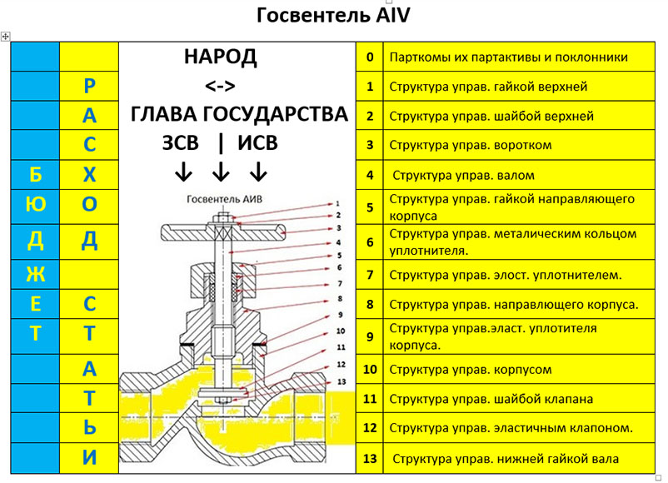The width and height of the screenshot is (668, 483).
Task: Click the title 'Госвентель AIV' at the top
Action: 333,16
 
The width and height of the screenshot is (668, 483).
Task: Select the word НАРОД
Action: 220,57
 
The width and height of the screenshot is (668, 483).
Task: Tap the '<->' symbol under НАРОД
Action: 220,86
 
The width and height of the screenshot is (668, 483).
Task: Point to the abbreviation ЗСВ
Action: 181,143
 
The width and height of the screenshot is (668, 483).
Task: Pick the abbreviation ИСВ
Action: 258,143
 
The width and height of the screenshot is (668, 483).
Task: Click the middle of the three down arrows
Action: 221,172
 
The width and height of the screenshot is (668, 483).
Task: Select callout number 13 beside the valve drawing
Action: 339,381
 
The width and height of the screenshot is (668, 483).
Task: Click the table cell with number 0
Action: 370,57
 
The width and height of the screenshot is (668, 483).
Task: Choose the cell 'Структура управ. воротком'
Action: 471,145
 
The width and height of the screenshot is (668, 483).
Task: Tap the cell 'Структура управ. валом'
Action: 463,176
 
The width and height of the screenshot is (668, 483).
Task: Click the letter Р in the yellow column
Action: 89,86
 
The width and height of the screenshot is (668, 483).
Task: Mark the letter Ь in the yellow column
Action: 89,427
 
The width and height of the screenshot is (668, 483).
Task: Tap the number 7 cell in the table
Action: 370,274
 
